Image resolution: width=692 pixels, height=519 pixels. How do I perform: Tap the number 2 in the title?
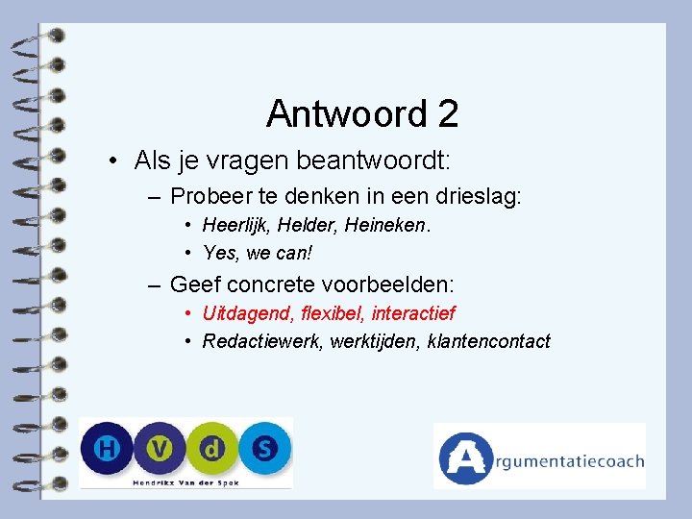pyautogui.click(x=447, y=114)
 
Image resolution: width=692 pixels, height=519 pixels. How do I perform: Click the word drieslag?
pyautogui.click(x=478, y=197)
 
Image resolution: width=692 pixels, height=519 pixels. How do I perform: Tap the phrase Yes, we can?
pyautogui.click(x=258, y=253)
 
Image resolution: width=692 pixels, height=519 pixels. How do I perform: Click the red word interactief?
pyautogui.click(x=413, y=313)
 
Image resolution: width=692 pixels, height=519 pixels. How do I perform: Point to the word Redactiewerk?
pyautogui.click(x=260, y=341)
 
